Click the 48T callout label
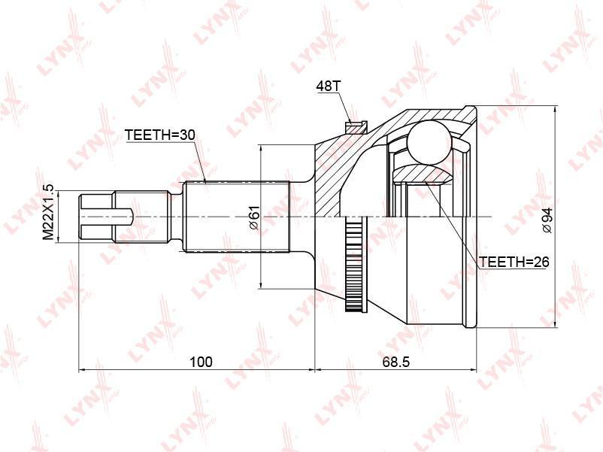[328, 86]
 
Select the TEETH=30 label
[160, 135]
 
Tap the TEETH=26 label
[514, 262]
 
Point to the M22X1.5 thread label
[49, 212]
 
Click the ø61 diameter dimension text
[255, 218]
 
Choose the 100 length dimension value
[201, 362]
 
